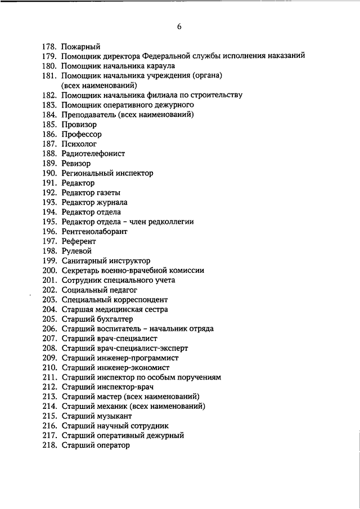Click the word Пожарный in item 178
click(x=80, y=47)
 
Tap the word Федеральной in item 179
click(x=166, y=56)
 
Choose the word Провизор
click(x=79, y=124)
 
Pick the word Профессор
click(x=82, y=134)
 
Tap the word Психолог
click(x=79, y=144)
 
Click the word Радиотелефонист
click(x=93, y=154)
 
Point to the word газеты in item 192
click(x=108, y=192)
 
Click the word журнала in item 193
click(x=111, y=202)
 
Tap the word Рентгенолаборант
click(x=94, y=231)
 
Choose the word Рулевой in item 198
click(x=76, y=251)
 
